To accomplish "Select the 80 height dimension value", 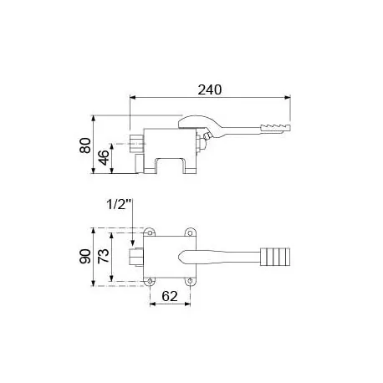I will (x=84, y=146).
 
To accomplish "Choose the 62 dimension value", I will (x=171, y=296).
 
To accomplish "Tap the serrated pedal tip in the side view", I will (x=276, y=128).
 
